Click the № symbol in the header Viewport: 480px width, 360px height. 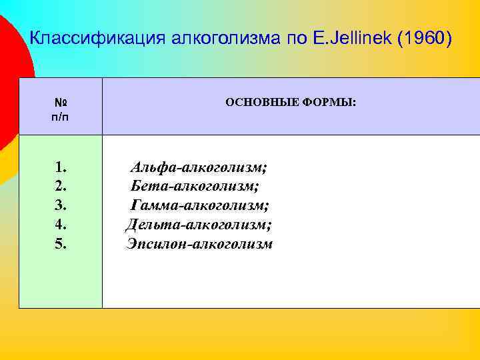pos(61,103)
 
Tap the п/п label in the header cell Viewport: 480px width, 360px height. pos(61,117)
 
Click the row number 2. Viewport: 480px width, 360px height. pos(61,186)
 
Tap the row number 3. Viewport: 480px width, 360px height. pos(61,205)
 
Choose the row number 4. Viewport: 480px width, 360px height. pos(61,225)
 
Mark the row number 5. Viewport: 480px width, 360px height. pos(61,244)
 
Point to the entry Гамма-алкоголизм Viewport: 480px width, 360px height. pos(199,205)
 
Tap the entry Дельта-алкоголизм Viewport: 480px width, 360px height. pos(199,225)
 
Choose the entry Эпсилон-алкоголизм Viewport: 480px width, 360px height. pos(199,244)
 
